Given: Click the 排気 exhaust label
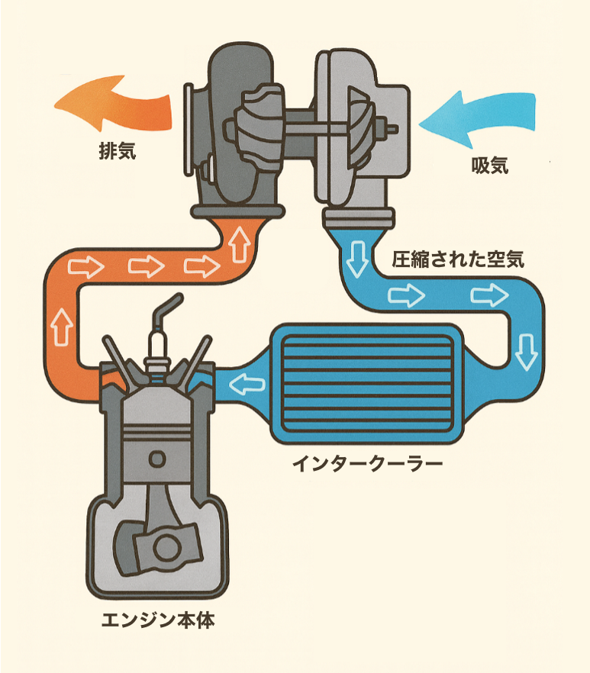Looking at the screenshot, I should [x=117, y=151].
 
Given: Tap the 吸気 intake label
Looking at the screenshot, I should [x=488, y=166].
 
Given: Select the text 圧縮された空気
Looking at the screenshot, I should [x=459, y=259].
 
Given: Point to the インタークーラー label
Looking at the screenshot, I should [x=367, y=463].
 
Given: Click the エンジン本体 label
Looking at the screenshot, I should [x=159, y=620].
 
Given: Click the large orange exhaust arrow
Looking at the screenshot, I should [x=114, y=107].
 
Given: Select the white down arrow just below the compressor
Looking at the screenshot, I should [x=356, y=259].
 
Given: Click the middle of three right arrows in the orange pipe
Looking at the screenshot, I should [x=146, y=266].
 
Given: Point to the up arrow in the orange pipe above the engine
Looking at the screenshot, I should [x=62, y=327].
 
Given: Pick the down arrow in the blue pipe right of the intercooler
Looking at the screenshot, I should [x=525, y=350].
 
